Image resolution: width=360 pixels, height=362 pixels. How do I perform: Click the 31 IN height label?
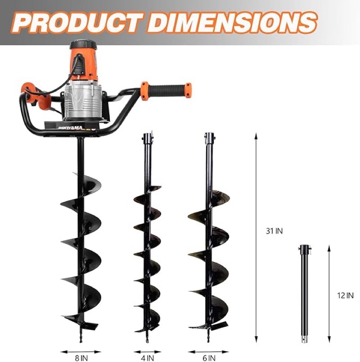274,231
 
